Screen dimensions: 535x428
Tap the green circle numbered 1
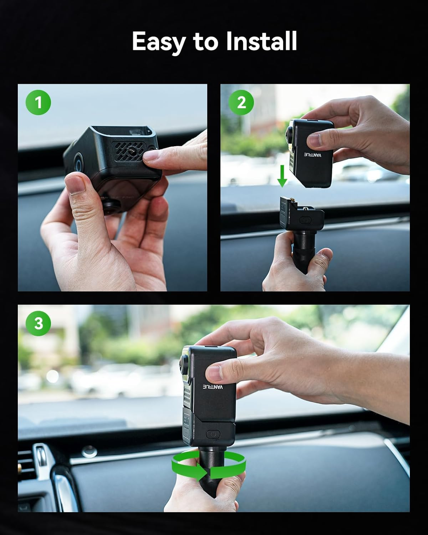[38, 102]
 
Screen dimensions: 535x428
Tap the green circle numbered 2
[241, 102]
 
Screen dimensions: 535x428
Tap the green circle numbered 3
[38, 323]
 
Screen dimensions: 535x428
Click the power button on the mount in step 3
[213, 434]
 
